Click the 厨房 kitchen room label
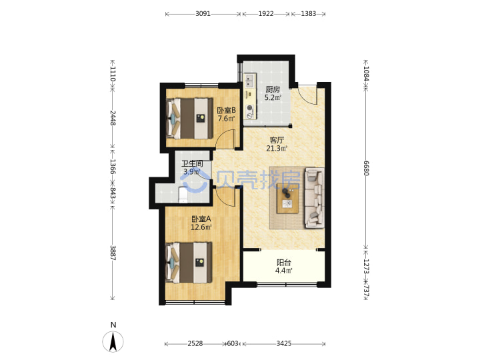(x=273, y=89)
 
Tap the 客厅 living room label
(x=277, y=140)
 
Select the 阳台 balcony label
(x=284, y=263)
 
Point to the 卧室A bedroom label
(x=201, y=219)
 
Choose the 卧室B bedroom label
(x=226, y=110)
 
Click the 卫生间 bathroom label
(x=192, y=164)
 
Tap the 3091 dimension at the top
(x=203, y=14)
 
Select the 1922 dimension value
(x=266, y=14)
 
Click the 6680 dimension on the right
(x=366, y=168)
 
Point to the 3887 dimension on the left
(x=113, y=253)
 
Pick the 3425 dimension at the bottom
(x=284, y=343)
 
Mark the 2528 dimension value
(x=195, y=343)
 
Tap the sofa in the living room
(x=315, y=198)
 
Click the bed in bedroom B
(x=189, y=118)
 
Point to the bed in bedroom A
(x=189, y=263)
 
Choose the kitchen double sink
(x=250, y=79)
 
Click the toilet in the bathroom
(x=183, y=195)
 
